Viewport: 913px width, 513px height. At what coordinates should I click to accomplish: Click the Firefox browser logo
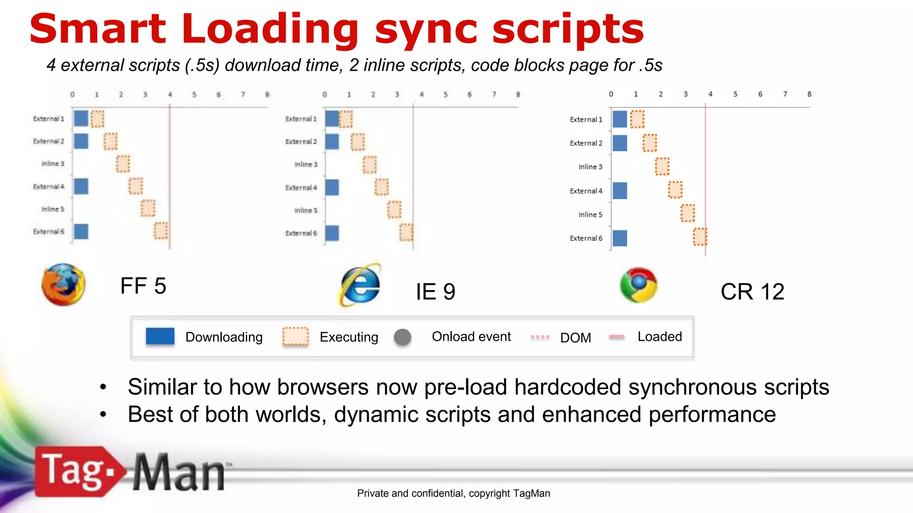click(x=63, y=285)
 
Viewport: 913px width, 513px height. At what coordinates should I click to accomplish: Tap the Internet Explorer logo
click(x=361, y=285)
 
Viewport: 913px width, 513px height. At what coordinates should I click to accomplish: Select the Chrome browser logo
click(x=638, y=285)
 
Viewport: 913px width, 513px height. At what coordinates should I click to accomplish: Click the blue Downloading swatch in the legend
click(x=160, y=336)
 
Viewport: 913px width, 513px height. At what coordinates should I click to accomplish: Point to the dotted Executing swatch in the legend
click(x=296, y=336)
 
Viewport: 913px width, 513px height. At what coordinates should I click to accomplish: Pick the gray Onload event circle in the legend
click(x=403, y=337)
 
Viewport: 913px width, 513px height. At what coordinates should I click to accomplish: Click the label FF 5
click(x=143, y=286)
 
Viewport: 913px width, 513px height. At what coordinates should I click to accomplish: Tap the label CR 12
click(x=752, y=292)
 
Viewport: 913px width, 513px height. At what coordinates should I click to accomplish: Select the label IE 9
click(x=436, y=292)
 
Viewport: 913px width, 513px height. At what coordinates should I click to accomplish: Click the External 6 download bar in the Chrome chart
click(x=620, y=238)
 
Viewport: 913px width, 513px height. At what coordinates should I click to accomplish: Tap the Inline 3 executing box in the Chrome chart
click(x=662, y=167)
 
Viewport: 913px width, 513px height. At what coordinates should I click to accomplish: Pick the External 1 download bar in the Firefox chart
click(x=81, y=118)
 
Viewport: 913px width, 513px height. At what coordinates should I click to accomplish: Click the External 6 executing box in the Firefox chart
click(x=161, y=231)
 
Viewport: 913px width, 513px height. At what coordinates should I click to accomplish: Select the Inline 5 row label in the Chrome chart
click(x=590, y=215)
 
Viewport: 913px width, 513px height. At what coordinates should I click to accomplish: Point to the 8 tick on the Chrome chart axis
click(x=809, y=94)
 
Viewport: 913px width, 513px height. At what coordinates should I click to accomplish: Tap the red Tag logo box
click(x=76, y=471)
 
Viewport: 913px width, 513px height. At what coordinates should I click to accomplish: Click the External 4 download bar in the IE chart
click(x=332, y=187)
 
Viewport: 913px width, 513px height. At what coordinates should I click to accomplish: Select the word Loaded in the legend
click(x=659, y=337)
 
